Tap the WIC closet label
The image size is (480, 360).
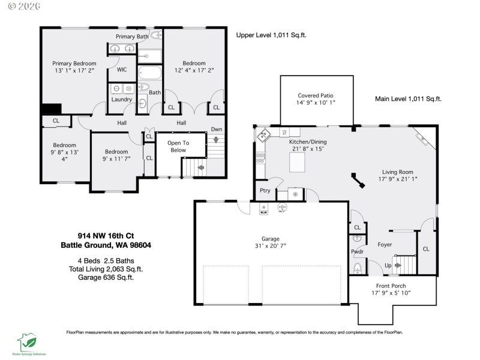click(x=122, y=70)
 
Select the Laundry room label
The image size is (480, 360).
click(x=122, y=99)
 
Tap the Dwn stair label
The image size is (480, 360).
click(x=217, y=129)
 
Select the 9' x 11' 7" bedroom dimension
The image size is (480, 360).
click(x=115, y=160)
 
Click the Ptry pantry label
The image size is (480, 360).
click(x=265, y=191)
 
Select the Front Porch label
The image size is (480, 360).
click(x=393, y=286)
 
